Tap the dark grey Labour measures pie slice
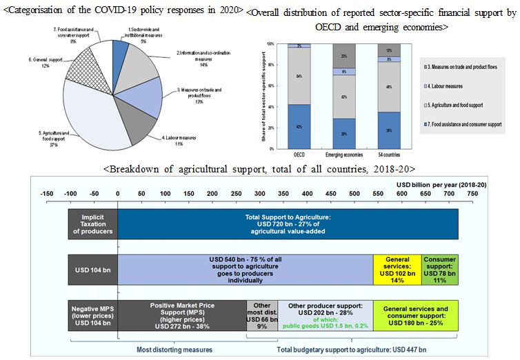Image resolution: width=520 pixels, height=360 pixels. tap(139, 120)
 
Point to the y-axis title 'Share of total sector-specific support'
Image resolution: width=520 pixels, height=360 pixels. tap(261, 97)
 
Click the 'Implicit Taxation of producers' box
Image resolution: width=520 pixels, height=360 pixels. tap(92, 223)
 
